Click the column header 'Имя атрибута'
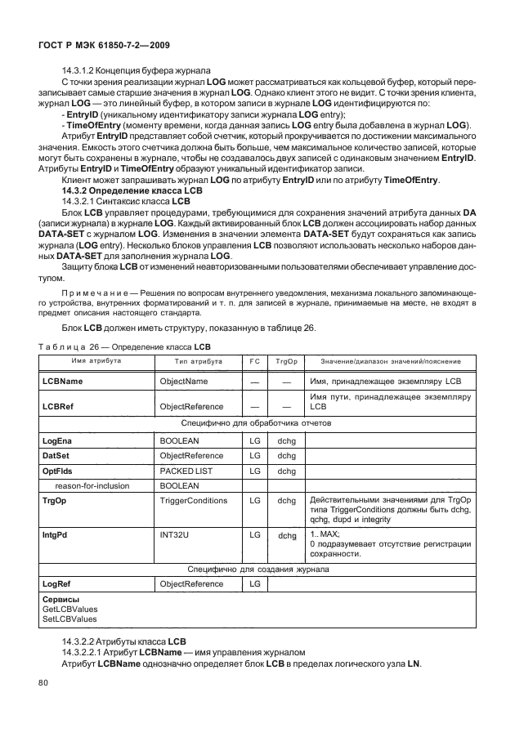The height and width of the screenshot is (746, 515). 96,360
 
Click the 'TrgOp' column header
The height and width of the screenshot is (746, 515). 285,360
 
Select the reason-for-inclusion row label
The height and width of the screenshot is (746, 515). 92,485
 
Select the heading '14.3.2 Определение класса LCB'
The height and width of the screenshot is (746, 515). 127,190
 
